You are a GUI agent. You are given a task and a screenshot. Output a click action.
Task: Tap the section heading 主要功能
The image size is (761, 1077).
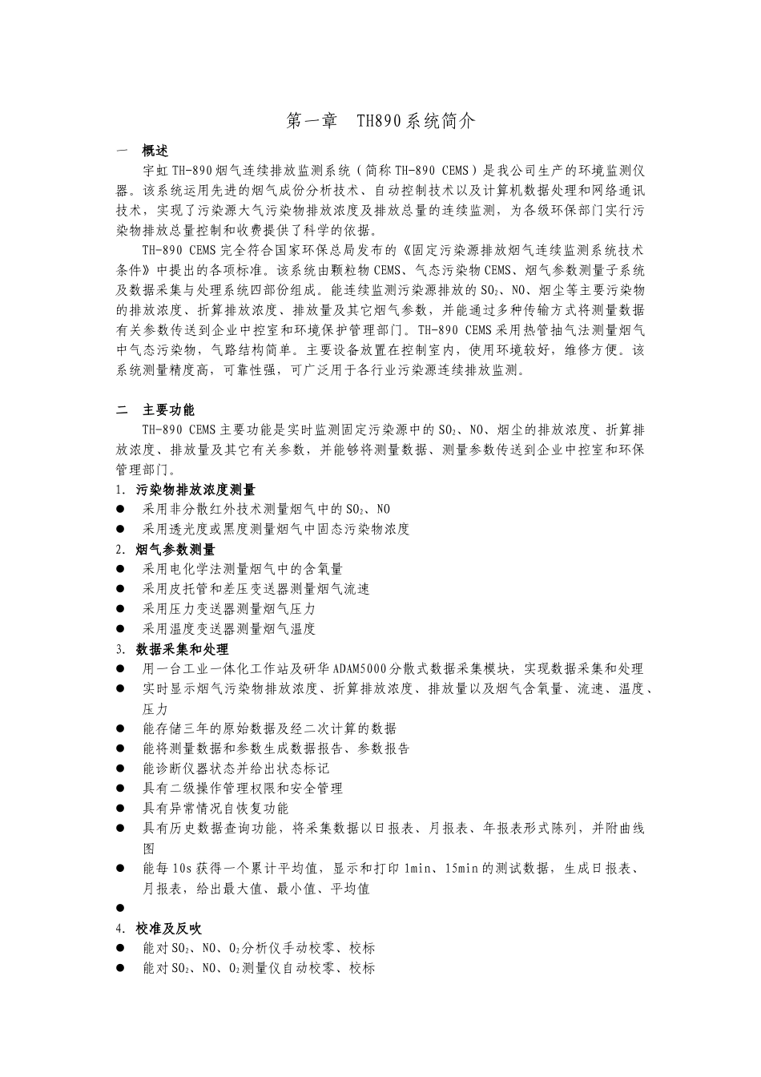168,409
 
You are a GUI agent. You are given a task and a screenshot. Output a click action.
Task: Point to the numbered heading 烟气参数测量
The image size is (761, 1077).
175,549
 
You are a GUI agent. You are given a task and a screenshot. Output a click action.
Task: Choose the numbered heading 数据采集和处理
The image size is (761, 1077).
182,649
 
